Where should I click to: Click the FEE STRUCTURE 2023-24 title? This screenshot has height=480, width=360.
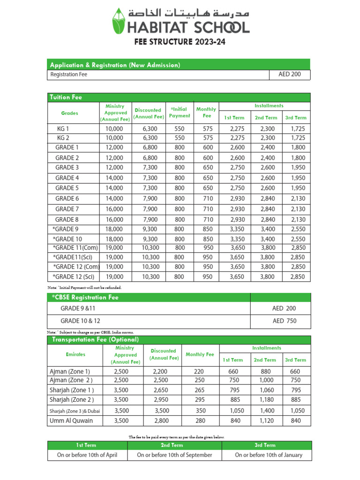click(180, 42)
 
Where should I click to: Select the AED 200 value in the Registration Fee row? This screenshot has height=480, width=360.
click(290, 75)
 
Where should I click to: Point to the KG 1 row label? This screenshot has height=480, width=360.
click(63, 128)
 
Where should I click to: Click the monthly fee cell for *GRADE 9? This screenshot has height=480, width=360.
click(207, 229)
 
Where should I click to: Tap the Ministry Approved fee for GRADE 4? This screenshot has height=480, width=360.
click(114, 178)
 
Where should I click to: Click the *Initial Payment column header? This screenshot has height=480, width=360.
click(179, 112)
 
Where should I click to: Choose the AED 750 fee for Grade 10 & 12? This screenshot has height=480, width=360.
click(284, 321)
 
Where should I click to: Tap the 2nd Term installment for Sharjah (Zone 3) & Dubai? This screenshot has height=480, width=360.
click(264, 411)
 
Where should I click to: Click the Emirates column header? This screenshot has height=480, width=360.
click(75, 354)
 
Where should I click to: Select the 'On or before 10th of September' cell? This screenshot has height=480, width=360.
click(174, 455)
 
